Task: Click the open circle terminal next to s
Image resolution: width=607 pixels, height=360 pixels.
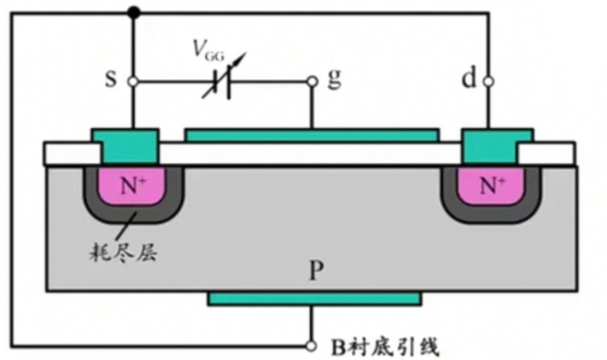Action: point(132,83)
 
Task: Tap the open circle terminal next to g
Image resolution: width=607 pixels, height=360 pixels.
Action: point(312,83)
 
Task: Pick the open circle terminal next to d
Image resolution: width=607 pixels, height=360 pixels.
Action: point(488,82)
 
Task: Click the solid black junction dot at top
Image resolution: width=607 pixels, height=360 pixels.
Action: point(133,12)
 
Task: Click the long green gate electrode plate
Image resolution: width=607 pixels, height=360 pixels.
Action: point(312,135)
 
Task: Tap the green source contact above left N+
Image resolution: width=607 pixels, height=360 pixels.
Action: point(126,145)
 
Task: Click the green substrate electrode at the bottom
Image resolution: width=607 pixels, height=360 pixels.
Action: point(314,298)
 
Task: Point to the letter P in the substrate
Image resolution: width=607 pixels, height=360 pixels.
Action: point(314,272)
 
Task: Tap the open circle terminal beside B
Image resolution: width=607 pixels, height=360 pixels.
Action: point(312,346)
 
